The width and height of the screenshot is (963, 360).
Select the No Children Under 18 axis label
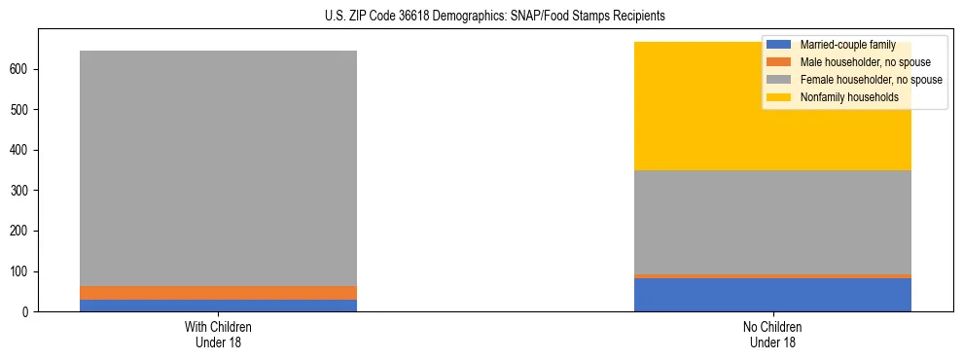point(772,334)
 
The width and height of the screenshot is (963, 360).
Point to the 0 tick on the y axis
point(27,312)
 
